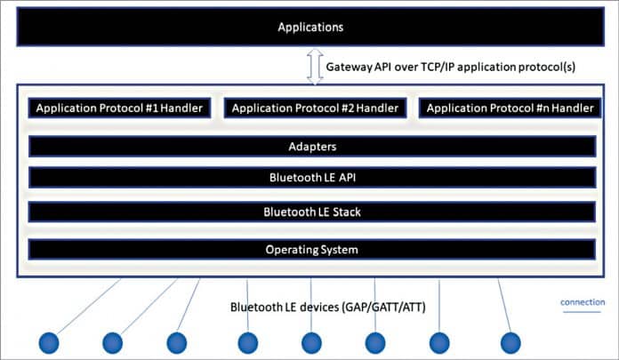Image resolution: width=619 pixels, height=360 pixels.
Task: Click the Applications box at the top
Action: (x=310, y=27)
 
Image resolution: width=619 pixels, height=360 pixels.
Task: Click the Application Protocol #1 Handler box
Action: (x=119, y=108)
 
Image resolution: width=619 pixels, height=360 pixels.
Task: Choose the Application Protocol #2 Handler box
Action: (x=315, y=108)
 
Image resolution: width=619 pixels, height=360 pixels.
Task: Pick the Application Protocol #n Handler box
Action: (x=510, y=108)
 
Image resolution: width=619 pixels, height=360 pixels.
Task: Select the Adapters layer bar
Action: (x=311, y=147)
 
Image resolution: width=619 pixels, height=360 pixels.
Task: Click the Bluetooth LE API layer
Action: (x=311, y=178)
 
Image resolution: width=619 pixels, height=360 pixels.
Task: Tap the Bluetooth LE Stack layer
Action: (x=311, y=212)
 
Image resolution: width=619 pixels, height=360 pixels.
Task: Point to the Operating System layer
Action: (x=311, y=249)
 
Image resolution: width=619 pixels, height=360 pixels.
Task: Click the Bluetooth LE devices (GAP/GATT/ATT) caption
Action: (x=327, y=308)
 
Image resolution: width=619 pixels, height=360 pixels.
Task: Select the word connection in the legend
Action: (x=583, y=302)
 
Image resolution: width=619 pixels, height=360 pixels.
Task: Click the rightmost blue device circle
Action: (x=510, y=342)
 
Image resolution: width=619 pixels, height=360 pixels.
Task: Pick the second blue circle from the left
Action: (x=112, y=342)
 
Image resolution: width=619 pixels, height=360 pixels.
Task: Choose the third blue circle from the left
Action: (x=176, y=342)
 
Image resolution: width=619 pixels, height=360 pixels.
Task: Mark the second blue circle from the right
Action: (x=440, y=342)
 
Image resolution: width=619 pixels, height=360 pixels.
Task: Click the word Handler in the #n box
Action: (x=569, y=108)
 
